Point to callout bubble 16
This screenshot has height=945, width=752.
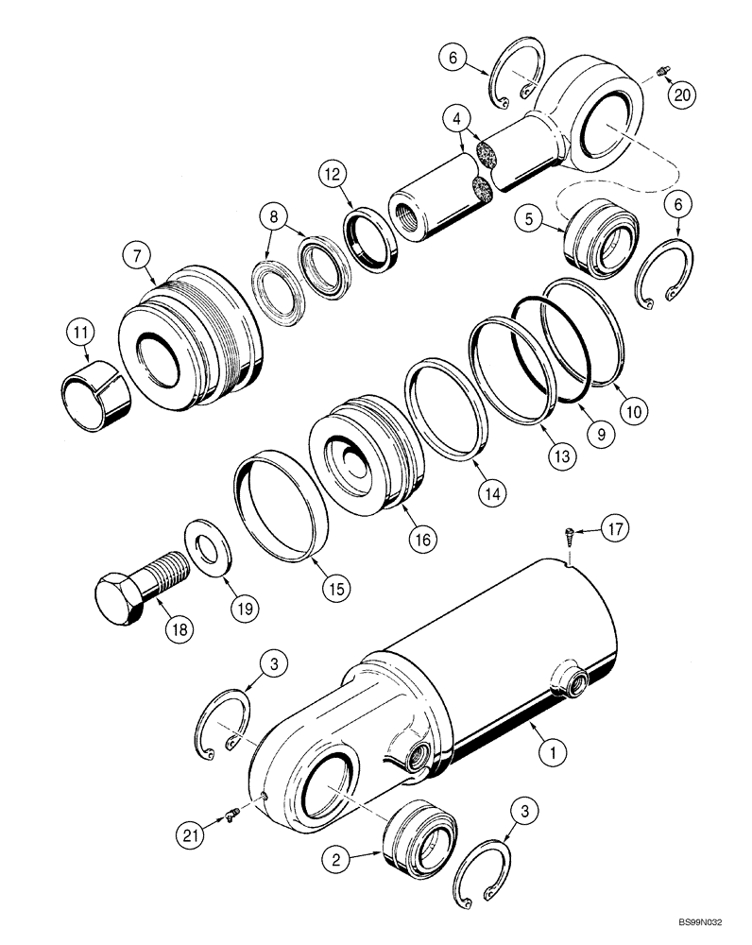[421, 540]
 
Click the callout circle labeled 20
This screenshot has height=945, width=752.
[679, 94]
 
